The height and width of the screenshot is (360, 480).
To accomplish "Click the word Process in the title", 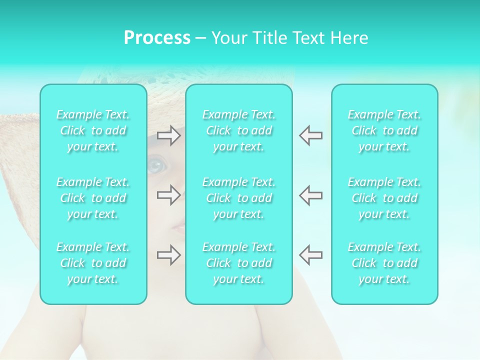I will click(157, 38).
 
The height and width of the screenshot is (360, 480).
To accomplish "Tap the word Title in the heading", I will click(270, 38).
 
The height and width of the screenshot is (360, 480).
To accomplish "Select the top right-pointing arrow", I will click(168, 135).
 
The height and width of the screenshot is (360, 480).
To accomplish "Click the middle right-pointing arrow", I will click(168, 195).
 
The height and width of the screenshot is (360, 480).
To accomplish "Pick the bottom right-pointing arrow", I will click(168, 255).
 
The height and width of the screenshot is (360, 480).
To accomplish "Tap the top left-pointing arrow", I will click(310, 135).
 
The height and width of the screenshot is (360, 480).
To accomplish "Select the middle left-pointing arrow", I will click(310, 195).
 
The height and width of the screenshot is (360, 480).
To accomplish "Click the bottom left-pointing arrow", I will click(310, 255).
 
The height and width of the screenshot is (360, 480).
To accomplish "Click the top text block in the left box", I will click(93, 130).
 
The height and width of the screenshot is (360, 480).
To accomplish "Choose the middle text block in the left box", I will click(93, 198).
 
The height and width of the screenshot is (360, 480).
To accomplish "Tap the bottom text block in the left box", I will click(93, 263).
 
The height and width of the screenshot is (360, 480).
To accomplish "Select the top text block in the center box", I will click(239, 130).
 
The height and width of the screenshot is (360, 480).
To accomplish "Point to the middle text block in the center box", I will click(239, 198).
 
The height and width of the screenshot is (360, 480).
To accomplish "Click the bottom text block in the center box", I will click(239, 263).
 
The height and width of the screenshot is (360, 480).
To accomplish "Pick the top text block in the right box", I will click(384, 130).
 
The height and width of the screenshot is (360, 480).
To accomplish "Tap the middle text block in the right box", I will click(384, 198).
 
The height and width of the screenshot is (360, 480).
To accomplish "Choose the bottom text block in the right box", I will click(384, 263).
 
